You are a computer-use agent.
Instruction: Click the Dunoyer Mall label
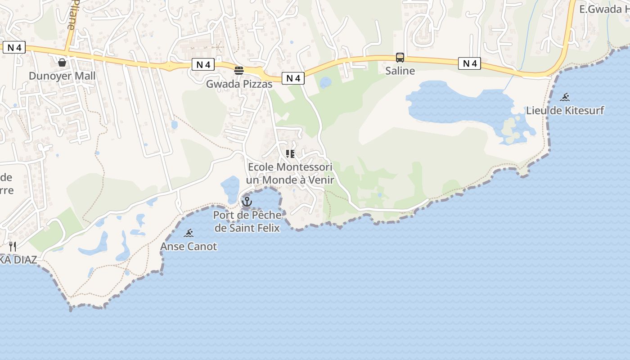(x=62, y=76)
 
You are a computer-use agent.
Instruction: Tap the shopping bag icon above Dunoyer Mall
(x=62, y=62)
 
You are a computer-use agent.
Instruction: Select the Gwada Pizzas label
(x=239, y=84)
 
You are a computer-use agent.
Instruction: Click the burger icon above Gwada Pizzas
(x=239, y=71)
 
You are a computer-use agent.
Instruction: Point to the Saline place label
(x=400, y=71)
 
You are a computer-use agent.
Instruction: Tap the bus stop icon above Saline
(x=400, y=58)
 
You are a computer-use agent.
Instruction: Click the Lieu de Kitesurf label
(x=565, y=110)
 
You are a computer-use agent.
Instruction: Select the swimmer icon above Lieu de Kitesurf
(x=565, y=97)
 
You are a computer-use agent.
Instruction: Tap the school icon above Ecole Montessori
(x=290, y=154)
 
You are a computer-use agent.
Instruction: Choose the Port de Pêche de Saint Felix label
(x=247, y=221)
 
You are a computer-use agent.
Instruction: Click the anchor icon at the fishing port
(x=247, y=202)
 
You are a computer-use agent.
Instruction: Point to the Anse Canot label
(x=189, y=247)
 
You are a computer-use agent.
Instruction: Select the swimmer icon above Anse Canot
(x=189, y=233)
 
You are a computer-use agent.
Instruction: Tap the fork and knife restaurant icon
(x=13, y=246)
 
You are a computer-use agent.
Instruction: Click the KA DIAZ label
(x=18, y=260)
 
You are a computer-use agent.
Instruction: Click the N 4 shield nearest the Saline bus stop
(x=470, y=64)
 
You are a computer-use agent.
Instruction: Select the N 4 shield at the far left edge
(x=14, y=47)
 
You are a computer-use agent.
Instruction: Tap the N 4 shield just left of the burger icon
(x=203, y=65)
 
